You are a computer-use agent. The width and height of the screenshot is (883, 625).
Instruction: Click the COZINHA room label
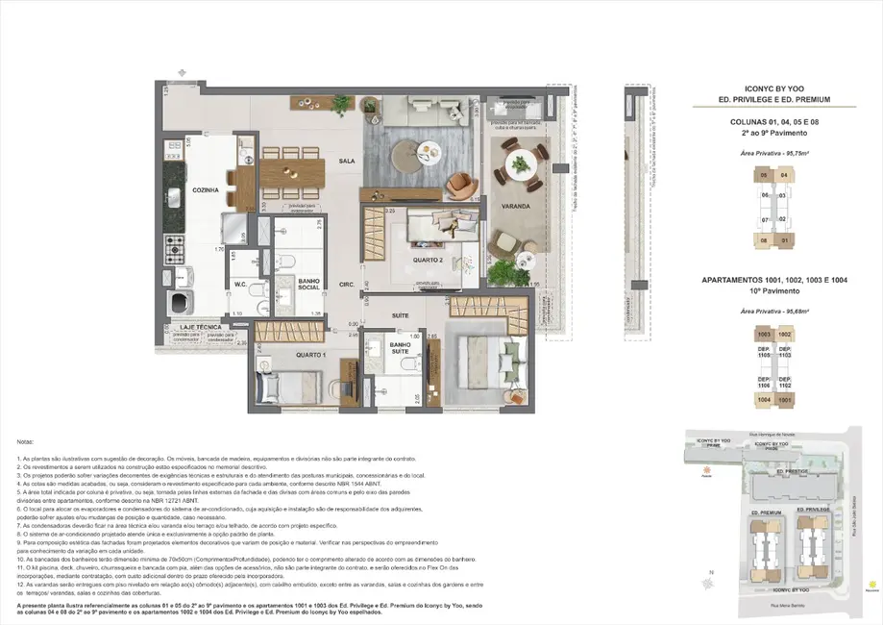(206, 190)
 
